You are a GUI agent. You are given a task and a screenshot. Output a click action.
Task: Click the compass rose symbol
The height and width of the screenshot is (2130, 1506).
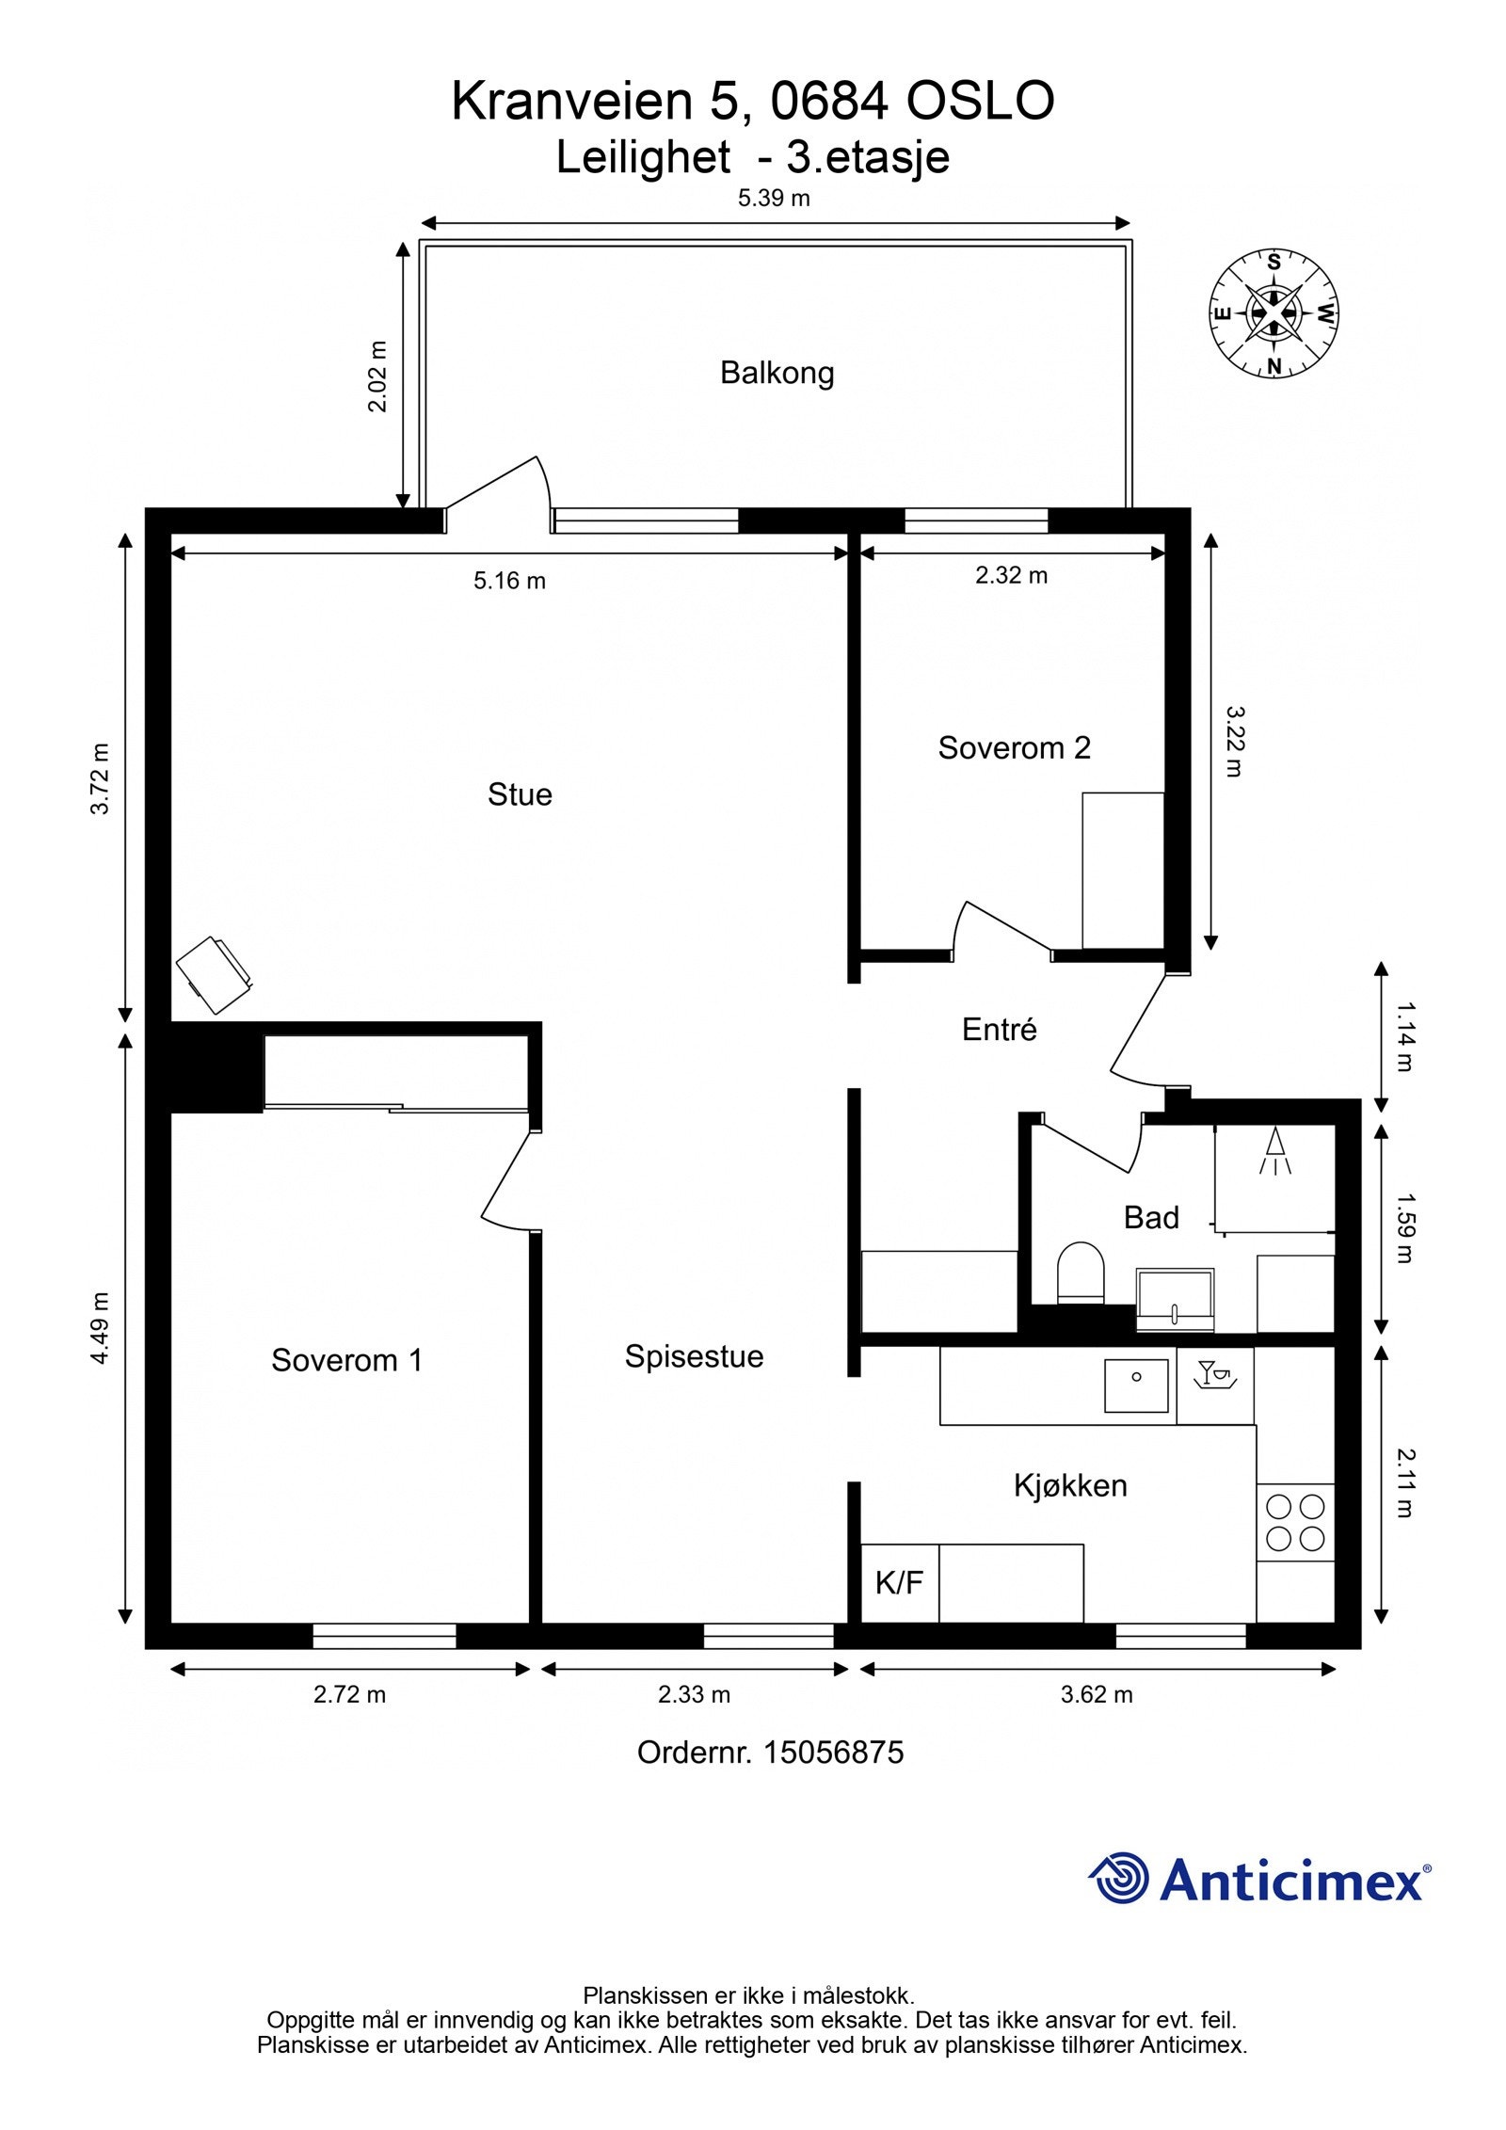click(x=1274, y=313)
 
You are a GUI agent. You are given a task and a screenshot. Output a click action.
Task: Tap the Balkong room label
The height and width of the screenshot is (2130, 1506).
click(x=777, y=374)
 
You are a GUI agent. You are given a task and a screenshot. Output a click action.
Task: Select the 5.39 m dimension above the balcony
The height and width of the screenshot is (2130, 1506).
click(x=774, y=199)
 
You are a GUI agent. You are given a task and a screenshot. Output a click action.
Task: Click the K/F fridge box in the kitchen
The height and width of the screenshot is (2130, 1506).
click(x=900, y=1582)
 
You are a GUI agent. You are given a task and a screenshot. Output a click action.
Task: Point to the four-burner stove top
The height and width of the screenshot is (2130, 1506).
click(x=1295, y=1522)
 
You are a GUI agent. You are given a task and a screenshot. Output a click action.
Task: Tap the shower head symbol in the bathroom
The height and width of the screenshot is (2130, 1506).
click(x=1275, y=1151)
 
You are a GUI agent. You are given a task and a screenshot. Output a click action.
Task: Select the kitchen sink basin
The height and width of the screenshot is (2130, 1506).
click(x=1136, y=1385)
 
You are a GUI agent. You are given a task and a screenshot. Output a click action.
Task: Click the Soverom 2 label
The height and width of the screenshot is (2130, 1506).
click(x=1014, y=747)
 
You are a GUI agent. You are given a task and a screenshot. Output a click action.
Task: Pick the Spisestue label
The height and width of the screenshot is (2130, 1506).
click(x=694, y=1356)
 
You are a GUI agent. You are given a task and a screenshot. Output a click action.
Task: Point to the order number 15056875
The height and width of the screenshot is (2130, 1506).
click(x=834, y=1753)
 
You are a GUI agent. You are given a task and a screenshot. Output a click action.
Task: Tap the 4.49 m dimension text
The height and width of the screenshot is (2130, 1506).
click(x=101, y=1327)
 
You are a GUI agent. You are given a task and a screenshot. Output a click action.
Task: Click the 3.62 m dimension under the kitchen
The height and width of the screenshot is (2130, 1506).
click(x=1097, y=1695)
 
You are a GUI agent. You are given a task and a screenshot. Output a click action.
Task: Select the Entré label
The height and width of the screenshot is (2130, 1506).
click(x=999, y=1030)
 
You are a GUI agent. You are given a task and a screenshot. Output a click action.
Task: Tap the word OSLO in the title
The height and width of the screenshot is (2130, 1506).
click(x=980, y=102)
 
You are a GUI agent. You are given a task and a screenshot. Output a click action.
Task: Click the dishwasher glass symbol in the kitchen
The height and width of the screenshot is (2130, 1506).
click(x=1214, y=1376)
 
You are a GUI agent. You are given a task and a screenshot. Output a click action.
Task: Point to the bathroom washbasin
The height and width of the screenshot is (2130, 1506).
click(x=1175, y=1299)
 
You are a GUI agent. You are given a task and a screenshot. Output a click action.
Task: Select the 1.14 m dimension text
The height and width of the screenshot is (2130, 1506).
click(x=1404, y=1037)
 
